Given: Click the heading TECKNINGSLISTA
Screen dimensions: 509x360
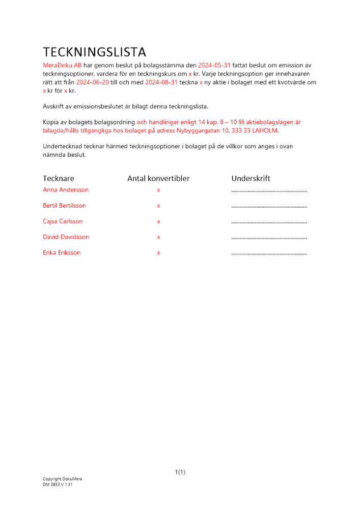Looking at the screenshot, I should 94,52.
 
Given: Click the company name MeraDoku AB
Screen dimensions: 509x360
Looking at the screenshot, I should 62,66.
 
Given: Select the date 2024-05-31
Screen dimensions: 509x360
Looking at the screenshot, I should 214,66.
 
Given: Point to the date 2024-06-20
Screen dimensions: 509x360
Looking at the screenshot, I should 93,82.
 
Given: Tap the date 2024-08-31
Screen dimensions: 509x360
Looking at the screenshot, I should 161,82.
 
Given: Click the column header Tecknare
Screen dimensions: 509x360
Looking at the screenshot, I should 59,179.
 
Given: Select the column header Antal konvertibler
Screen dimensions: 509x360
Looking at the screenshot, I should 158,179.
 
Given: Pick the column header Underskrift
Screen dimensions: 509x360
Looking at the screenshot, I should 251,179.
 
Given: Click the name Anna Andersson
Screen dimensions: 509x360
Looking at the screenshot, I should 66,190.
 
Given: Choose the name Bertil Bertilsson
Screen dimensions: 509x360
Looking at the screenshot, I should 64,206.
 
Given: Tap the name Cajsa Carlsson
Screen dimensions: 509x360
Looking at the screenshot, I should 63,221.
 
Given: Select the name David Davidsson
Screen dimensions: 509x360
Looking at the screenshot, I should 66,237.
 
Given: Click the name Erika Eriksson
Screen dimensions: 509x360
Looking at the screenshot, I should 62,253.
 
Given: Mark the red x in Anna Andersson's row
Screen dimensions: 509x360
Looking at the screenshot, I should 158,190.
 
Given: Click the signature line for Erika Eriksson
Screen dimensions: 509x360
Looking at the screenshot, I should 269,253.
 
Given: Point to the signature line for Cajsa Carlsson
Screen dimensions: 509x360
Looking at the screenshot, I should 269,222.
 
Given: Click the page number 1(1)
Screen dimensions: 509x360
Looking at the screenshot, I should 180,472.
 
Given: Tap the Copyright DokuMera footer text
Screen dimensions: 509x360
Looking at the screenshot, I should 62,479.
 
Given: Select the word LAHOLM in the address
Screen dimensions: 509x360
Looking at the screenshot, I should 265,130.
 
